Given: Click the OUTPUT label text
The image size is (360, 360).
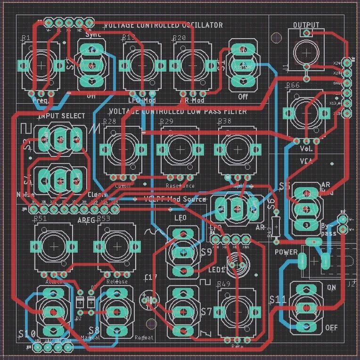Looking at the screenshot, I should pyautogui.click(x=306, y=25).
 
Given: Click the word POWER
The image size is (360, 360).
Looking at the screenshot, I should pyautogui.click(x=286, y=252).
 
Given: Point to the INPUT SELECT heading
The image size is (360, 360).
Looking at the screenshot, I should pyautogui.click(x=62, y=116).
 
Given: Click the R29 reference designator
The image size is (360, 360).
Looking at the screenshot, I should pyautogui.click(x=166, y=122).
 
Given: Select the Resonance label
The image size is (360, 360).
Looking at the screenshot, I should pyautogui.click(x=180, y=186).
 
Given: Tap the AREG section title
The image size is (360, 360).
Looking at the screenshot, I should pyautogui.click(x=86, y=220).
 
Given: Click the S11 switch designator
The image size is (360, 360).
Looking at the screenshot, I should pyautogui.click(x=278, y=299).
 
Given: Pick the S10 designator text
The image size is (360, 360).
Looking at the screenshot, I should pyautogui.click(x=27, y=334).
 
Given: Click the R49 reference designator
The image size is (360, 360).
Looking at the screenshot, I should pyautogui.click(x=224, y=284).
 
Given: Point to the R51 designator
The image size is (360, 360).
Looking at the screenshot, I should pyautogui.click(x=41, y=219).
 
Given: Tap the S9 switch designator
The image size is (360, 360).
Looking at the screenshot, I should pyautogui.click(x=206, y=252).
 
